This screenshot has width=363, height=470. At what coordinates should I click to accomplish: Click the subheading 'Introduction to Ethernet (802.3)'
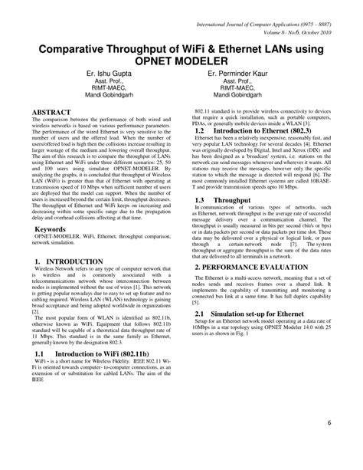coord(263,132)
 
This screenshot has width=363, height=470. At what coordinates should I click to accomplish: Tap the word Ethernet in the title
coord(226,47)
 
